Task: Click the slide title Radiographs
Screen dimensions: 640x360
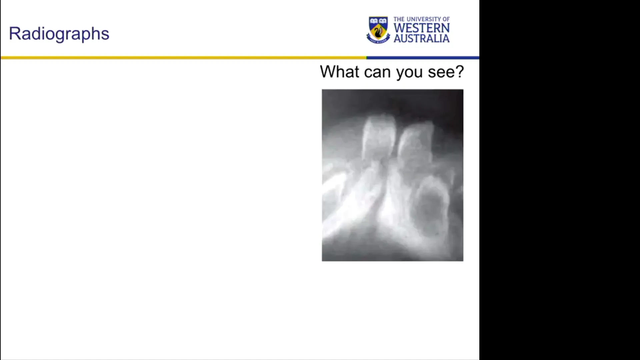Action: point(59,34)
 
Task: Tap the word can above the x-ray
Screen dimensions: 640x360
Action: point(377,72)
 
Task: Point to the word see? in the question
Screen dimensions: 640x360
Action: point(446,72)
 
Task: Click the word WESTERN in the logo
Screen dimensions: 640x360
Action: point(422,28)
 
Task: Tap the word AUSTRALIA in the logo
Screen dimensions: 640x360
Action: point(422,38)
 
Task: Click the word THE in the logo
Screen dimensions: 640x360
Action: point(399,19)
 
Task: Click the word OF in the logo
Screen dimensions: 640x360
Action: point(446,19)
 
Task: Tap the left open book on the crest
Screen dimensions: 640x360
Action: point(374,21)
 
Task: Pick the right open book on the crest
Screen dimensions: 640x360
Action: point(383,21)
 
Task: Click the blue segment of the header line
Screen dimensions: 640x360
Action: point(423,58)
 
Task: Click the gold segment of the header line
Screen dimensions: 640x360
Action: point(183,58)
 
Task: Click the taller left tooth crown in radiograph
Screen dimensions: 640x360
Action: point(379,137)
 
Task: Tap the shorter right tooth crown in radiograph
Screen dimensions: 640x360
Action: point(415,143)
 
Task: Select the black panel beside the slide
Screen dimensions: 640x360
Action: point(560,180)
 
